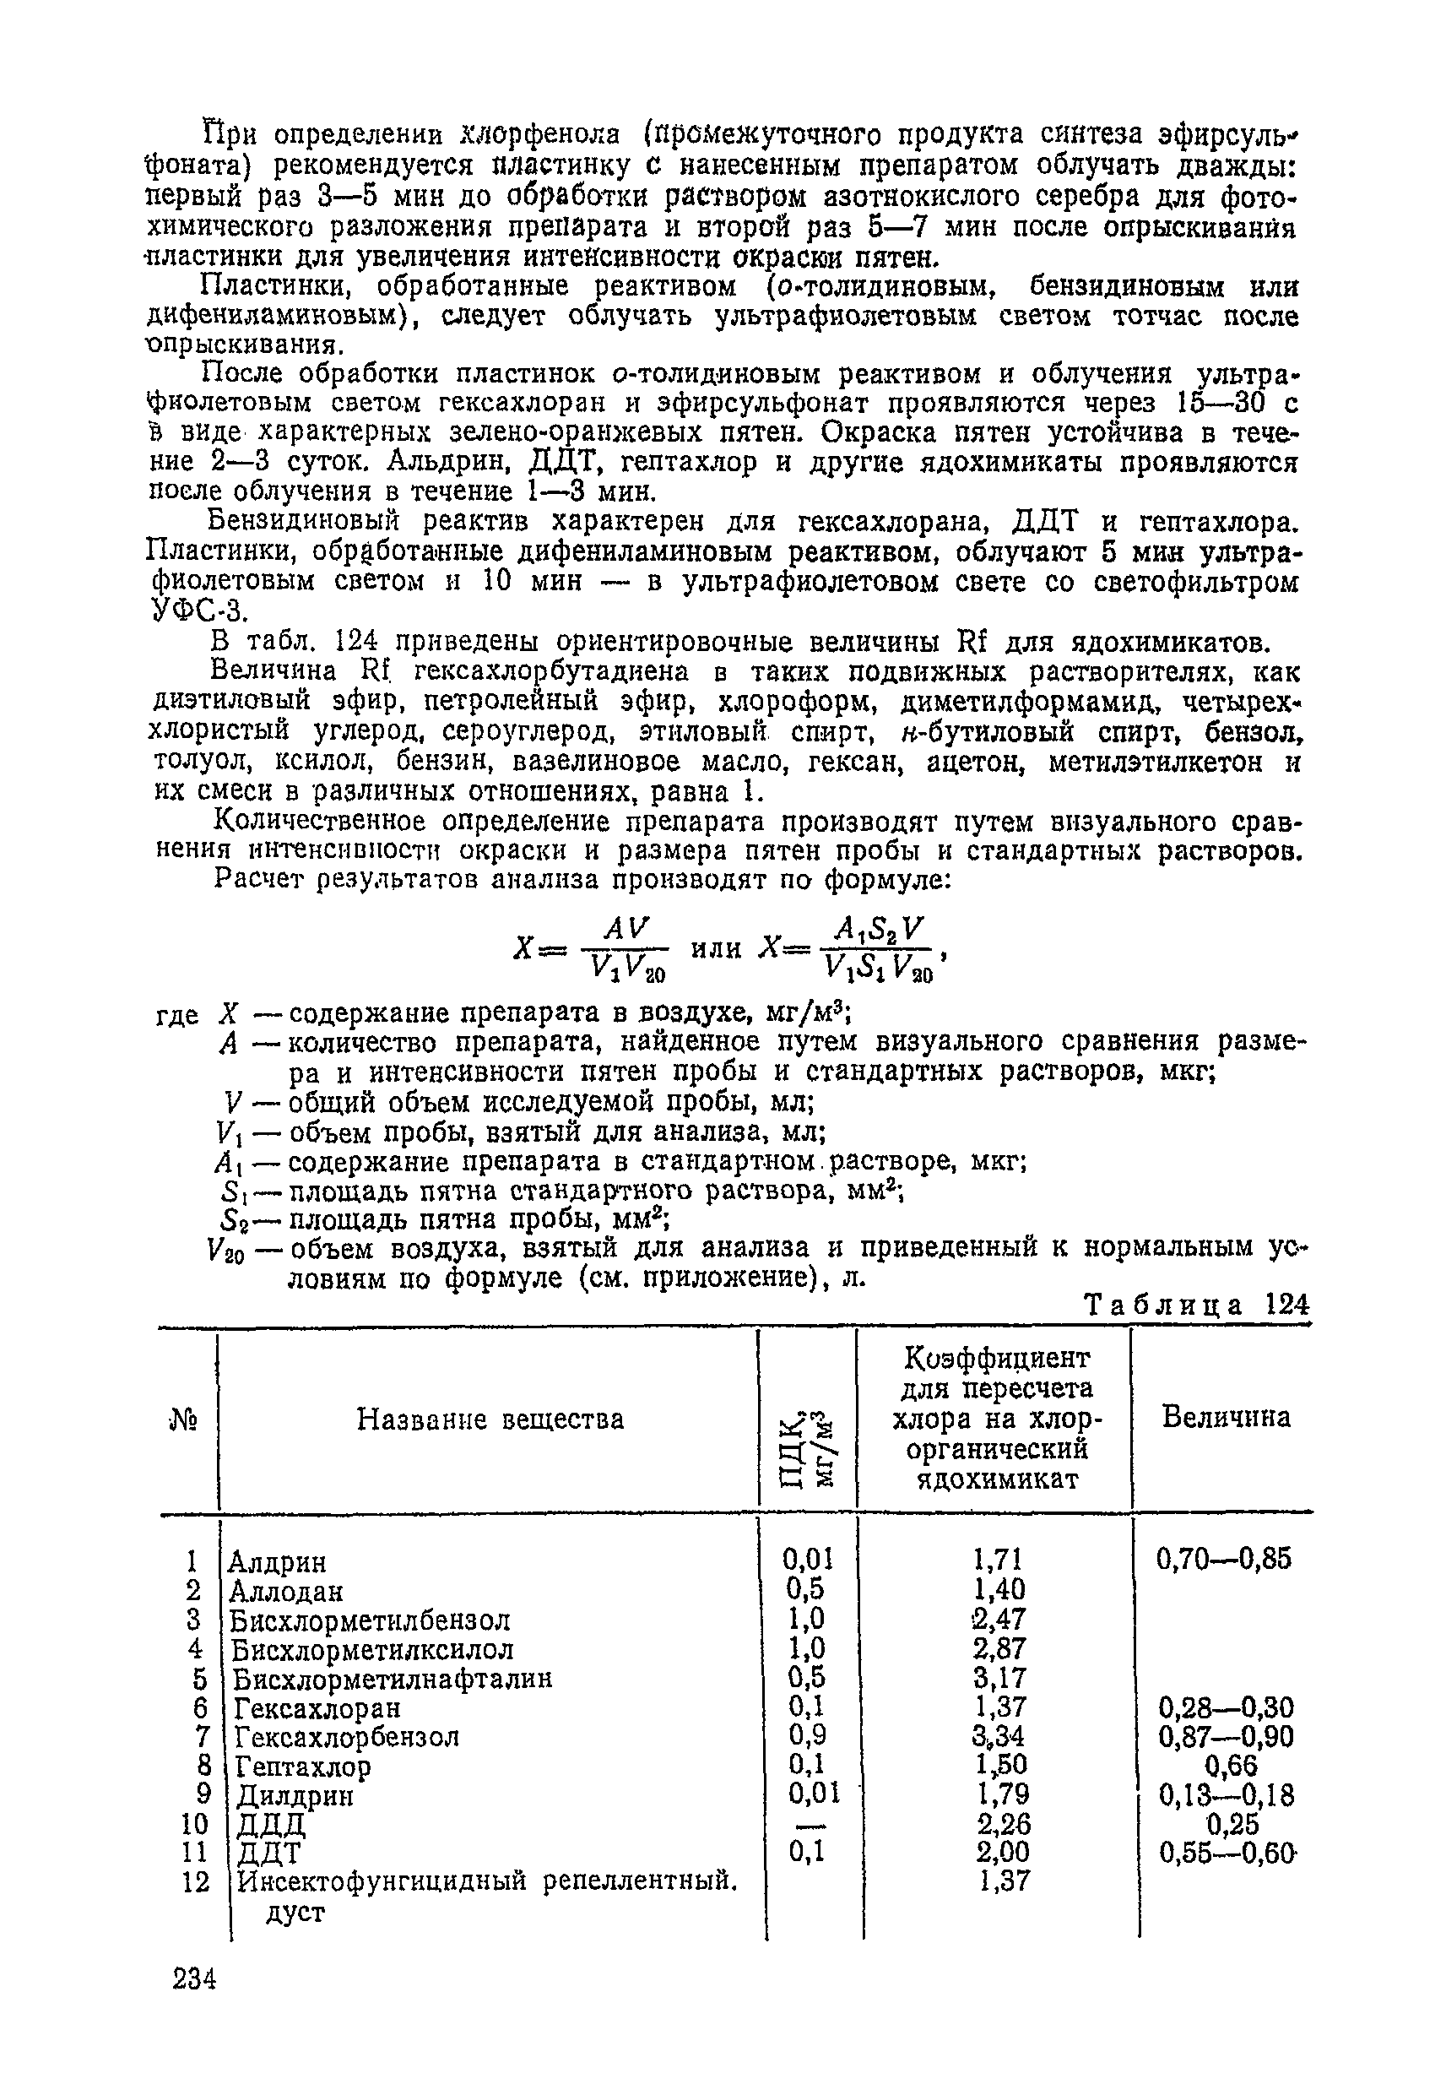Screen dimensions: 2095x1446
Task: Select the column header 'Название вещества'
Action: pos(490,1418)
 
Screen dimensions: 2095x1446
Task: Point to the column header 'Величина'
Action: pos(1226,1416)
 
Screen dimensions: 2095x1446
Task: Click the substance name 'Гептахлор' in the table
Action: pos(302,1767)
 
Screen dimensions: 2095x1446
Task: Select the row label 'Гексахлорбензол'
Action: pos(346,1737)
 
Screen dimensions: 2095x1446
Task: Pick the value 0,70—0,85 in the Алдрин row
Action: pos(1223,1560)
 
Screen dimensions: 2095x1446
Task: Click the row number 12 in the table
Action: pos(195,1883)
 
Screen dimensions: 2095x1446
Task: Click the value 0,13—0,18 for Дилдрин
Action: pos(1227,1795)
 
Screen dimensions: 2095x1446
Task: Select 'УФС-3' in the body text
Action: pos(196,611)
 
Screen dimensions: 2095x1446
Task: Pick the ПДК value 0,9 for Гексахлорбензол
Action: pos(806,1735)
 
